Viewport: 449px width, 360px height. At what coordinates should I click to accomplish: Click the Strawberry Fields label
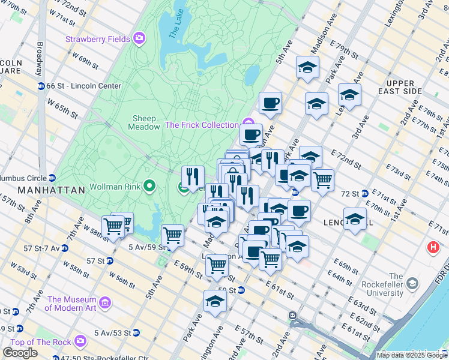pos(97,39)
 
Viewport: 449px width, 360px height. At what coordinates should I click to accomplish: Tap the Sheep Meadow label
pos(143,122)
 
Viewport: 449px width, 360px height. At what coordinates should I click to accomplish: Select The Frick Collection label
pos(202,125)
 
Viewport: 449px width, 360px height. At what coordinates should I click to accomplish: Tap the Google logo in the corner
pos(20,353)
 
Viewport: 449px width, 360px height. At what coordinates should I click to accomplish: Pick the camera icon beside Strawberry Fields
pos(139,39)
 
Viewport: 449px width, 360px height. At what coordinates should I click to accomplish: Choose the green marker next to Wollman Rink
pos(148,187)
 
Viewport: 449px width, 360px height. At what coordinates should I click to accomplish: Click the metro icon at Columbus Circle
pos(52,178)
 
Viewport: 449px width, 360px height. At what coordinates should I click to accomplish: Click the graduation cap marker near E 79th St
pos(307,67)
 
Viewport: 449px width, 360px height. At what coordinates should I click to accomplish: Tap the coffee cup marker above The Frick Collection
pos(270,102)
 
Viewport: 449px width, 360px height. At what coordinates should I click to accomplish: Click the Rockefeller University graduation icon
pos(412,283)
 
